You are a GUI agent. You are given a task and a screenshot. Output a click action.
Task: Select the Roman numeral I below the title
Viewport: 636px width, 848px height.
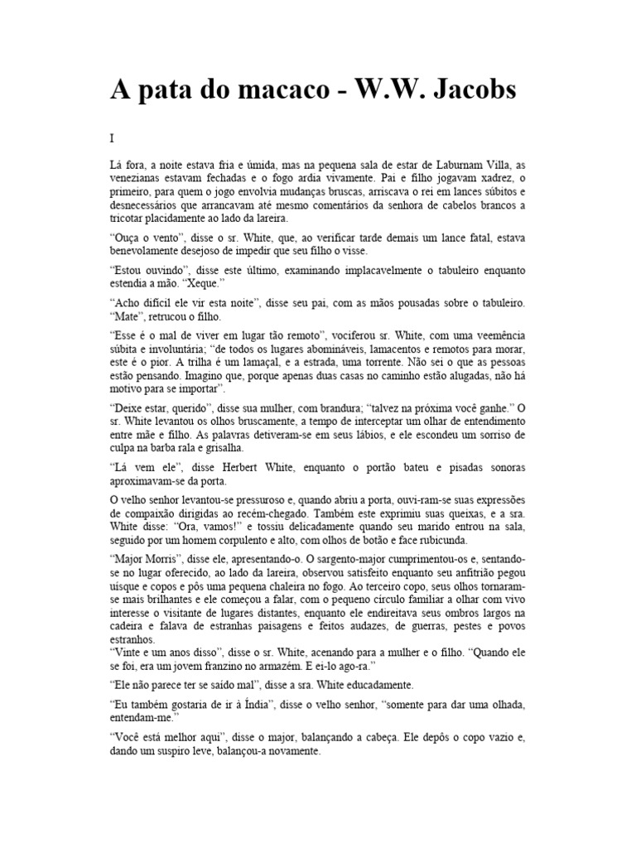(x=112, y=139)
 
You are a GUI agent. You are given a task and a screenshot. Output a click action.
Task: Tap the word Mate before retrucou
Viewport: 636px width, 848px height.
(x=128, y=316)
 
